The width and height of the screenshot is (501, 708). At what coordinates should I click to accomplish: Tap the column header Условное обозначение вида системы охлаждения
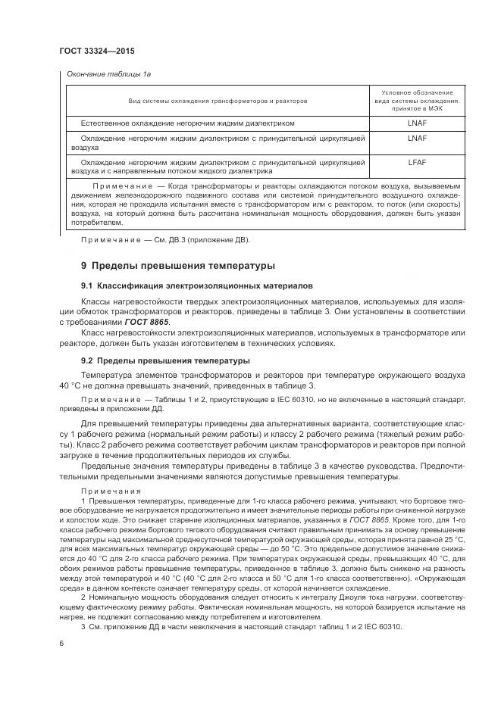(417, 100)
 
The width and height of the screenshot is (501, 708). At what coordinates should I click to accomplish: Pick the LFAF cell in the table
(417, 161)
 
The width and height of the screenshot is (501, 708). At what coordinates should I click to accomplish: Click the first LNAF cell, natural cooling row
(417, 123)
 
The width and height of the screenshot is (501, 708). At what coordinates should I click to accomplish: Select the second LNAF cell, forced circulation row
(417, 139)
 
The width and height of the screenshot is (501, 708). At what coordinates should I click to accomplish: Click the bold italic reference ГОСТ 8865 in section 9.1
(149, 322)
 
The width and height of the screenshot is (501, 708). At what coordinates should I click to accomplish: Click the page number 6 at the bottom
(61, 643)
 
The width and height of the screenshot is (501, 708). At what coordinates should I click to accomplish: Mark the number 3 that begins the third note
(83, 627)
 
